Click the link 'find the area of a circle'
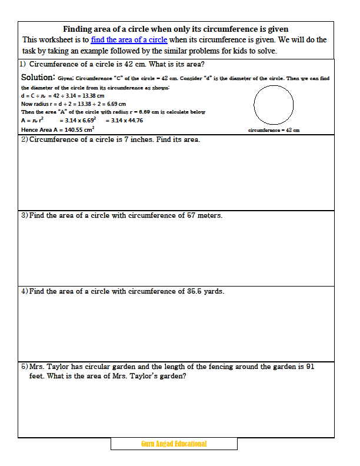click(129, 40)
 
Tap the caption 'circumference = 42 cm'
click(274, 130)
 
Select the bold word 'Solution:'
click(38, 77)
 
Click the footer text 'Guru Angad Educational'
click(174, 444)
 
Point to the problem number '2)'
click(25, 140)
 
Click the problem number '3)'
click(25, 216)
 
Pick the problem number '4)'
click(25, 291)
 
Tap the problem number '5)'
click(25, 367)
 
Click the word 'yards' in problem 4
click(212, 291)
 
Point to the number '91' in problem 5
click(311, 367)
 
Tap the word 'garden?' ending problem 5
click(172, 377)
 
